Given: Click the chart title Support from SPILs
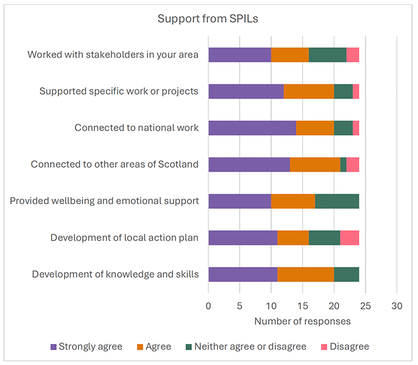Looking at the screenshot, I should click(208, 19).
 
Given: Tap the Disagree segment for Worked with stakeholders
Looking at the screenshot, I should click(352, 55).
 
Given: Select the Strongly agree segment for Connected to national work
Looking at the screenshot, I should click(252, 128).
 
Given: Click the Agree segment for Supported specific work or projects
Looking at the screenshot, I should click(308, 91).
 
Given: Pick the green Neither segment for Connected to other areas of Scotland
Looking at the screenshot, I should click(343, 164).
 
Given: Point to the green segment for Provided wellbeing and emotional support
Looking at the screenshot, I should click(337, 201).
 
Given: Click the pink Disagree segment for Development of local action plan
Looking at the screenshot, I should click(349, 237).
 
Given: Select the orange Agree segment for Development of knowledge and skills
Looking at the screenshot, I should click(306, 274).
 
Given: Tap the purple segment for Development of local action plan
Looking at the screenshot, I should click(243, 237).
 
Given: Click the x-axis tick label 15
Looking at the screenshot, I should click(302, 306).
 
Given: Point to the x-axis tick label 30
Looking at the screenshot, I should click(396, 306).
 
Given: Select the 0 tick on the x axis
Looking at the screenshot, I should click(208, 306).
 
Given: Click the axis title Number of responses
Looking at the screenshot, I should click(302, 321).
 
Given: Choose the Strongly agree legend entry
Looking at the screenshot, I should click(90, 346).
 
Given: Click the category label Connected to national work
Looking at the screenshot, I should click(136, 128).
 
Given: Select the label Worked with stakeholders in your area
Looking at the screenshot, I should click(113, 55).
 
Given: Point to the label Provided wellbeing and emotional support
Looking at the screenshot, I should click(104, 201).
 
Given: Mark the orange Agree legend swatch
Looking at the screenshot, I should click(140, 346).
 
